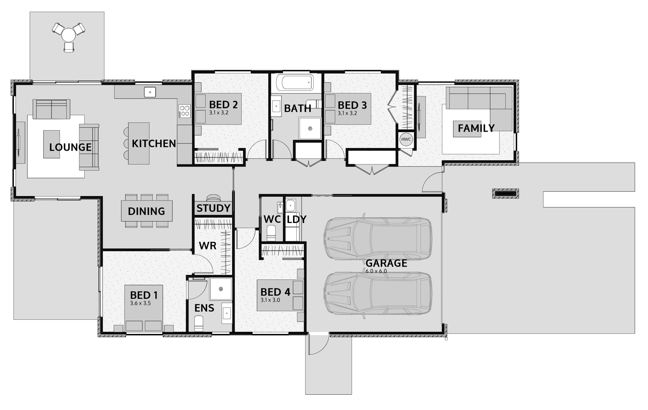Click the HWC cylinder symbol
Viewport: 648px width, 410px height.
[x=406, y=139]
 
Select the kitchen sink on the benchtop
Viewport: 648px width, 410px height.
[x=150, y=92]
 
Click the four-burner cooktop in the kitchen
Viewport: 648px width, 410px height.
[x=185, y=111]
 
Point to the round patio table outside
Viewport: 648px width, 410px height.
[x=69, y=35]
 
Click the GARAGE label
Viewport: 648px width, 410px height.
[x=386, y=263]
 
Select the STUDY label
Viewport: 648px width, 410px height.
[x=213, y=208]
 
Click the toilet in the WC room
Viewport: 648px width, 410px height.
[x=271, y=233]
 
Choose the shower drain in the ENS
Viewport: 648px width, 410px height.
[x=221, y=289]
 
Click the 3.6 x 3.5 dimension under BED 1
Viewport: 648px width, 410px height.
[x=140, y=303]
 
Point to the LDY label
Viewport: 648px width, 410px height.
[x=297, y=220]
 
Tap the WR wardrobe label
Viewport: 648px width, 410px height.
[x=208, y=245]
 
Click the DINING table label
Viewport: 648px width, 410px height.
[x=146, y=211]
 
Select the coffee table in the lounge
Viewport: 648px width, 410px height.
[x=52, y=144]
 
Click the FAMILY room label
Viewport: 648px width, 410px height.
[x=476, y=128]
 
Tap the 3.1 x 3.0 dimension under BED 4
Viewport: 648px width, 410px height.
[x=270, y=300]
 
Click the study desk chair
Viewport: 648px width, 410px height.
[x=213, y=198]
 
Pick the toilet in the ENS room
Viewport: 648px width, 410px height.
[x=199, y=324]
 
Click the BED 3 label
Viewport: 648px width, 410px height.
[x=352, y=105]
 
